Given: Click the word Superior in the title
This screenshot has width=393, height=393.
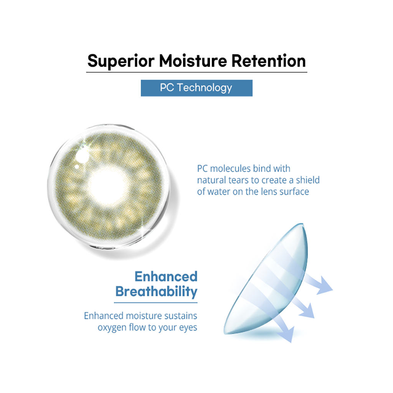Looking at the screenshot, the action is (x=121, y=61).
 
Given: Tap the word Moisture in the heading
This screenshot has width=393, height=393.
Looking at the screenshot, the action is (x=193, y=61).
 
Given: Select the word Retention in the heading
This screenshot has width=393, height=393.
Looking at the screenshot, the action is (x=269, y=61).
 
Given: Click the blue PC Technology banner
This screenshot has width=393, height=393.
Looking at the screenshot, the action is (x=196, y=88).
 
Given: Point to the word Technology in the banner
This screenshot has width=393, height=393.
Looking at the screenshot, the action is (x=205, y=88).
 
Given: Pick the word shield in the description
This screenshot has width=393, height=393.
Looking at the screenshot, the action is (x=308, y=180).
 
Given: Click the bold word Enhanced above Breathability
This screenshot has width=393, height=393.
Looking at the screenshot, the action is (x=166, y=276).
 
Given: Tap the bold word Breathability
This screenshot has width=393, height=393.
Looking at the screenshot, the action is (x=157, y=292).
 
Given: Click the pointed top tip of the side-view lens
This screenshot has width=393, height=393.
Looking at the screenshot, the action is (x=303, y=224).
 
